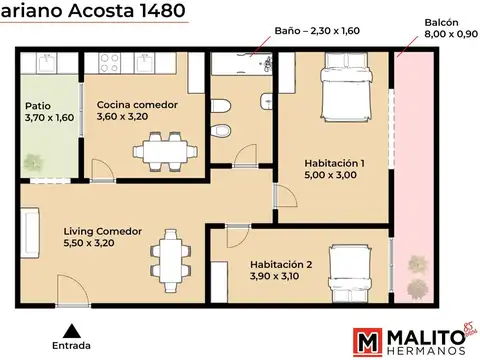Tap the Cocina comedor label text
[137, 104]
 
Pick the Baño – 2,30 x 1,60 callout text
[317, 31]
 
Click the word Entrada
[70, 345]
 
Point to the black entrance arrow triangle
[70, 328]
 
